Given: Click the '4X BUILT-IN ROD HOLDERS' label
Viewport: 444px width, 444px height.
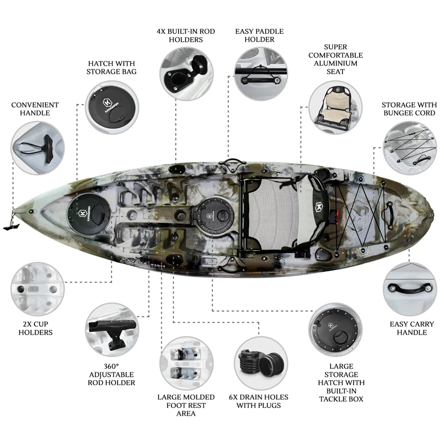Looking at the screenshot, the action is pos(186,36).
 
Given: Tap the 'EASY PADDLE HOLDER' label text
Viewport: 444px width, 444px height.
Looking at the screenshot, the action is pos(259,36).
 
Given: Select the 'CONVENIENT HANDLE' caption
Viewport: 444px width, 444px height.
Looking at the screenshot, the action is pos(35,109).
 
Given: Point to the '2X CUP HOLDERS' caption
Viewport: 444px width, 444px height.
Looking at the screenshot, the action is pos(36,328).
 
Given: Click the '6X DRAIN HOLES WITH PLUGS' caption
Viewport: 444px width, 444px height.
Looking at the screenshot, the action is pos(259,401).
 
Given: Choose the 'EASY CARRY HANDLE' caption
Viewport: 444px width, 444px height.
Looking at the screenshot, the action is pos(412,328).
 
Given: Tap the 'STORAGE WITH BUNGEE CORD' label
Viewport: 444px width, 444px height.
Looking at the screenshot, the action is pos(409,109).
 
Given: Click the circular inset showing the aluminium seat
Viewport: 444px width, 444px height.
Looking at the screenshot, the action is pos(335,108).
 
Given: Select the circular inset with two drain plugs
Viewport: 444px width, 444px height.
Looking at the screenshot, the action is pos(261,364).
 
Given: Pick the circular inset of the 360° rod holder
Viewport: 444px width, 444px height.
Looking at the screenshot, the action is pos(112,330).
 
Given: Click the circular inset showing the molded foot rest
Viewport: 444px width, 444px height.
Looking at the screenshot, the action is pos(186,364).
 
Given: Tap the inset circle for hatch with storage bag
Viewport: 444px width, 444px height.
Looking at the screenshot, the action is pos(112,108).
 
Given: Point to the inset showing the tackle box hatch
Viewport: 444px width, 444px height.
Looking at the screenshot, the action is pos(335,330).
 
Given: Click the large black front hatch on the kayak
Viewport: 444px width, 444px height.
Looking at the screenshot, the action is pos(89,214).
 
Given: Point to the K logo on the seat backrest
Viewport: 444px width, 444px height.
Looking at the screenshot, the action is pos(319,206).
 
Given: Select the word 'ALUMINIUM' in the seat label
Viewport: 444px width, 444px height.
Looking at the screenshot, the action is pos(336,63).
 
